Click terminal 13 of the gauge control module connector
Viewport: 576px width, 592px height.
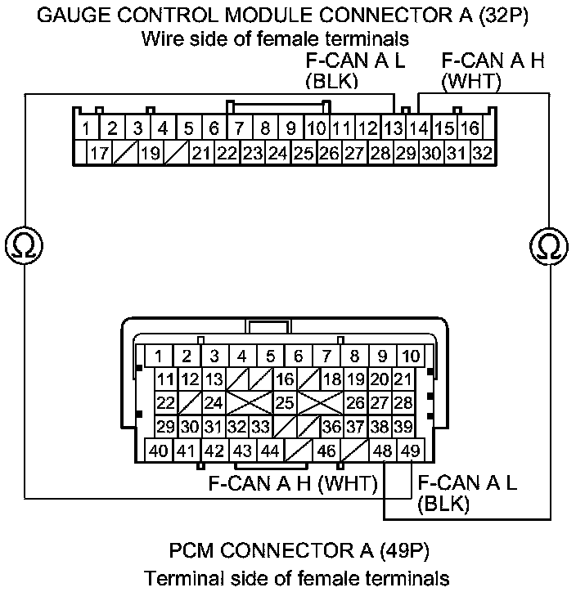click(x=394, y=128)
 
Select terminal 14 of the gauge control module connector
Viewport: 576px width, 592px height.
click(x=419, y=128)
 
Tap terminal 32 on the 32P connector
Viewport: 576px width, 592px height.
click(x=482, y=152)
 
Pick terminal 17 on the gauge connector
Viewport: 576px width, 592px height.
click(x=99, y=152)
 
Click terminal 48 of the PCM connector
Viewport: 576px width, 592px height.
click(x=382, y=451)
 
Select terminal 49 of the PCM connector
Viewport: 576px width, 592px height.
click(x=409, y=451)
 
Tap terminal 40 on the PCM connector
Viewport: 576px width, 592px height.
click(x=159, y=451)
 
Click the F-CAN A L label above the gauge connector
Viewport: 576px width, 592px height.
click(x=354, y=61)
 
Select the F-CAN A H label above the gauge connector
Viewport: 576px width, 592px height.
click(x=493, y=61)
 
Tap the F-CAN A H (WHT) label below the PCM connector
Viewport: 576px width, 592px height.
click(x=291, y=483)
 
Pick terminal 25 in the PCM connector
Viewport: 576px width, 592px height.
click(x=284, y=402)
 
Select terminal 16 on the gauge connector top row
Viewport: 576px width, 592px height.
click(x=470, y=128)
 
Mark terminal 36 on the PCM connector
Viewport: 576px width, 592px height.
click(x=331, y=426)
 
